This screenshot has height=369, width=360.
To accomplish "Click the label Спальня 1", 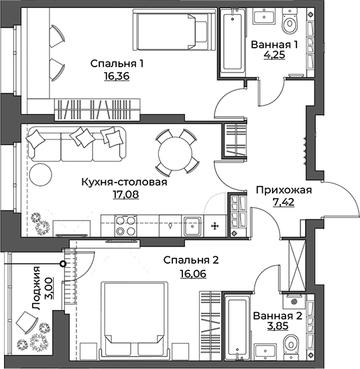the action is point(117,64).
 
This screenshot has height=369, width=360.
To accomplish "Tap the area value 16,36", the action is point(117,76).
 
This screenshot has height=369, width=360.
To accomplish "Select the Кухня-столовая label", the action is point(124,182).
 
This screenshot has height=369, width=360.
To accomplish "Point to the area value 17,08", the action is point(126,195).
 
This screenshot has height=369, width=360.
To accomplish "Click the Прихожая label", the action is point(284,190).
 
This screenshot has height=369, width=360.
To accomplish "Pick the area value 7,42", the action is point(284,202).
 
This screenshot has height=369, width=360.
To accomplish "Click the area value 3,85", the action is point(278,326).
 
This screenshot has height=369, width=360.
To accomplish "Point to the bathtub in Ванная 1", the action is point(233,42).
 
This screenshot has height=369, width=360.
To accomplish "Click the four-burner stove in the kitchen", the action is point(125,225).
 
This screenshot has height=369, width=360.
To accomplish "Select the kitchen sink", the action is point(192,226).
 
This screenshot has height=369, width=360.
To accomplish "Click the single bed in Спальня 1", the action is point(174,30).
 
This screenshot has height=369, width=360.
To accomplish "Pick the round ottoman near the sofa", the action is point(41,174).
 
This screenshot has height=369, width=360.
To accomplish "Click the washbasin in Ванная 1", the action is point(264,16).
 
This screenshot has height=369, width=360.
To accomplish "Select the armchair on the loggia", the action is point(27,322).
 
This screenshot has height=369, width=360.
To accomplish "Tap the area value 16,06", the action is point(193,274).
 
